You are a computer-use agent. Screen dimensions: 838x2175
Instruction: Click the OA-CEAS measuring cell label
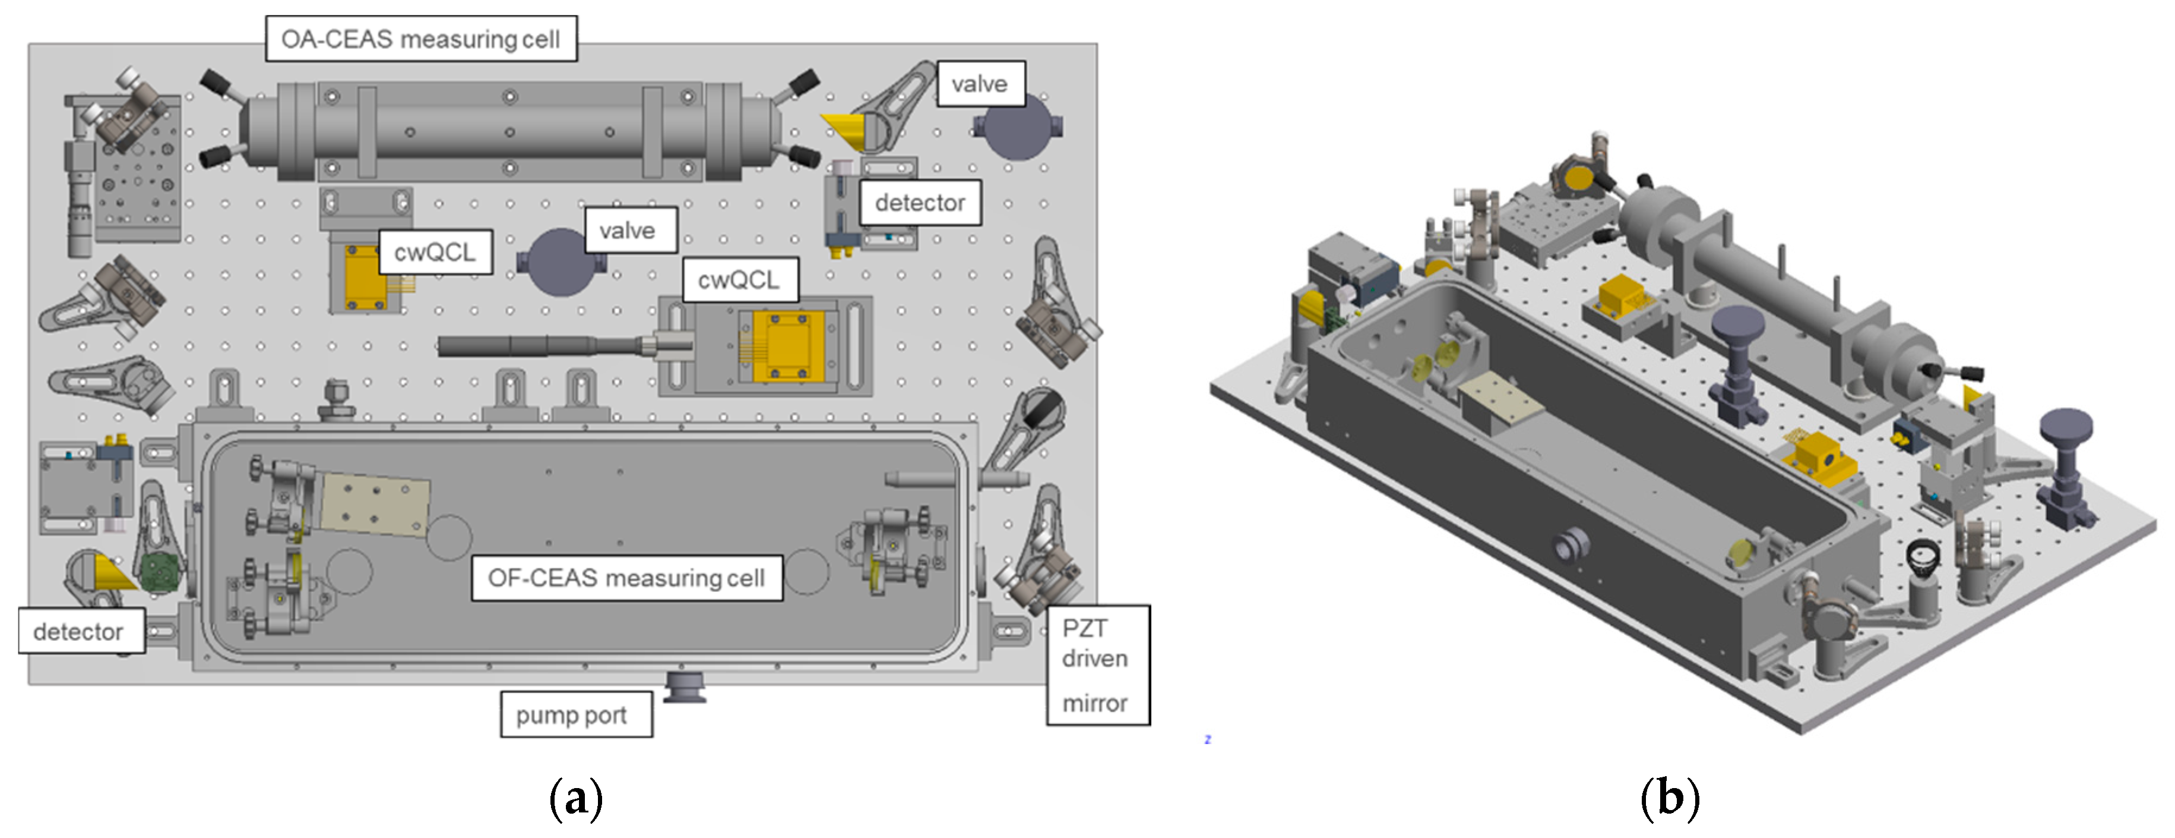pyautogui.click(x=420, y=39)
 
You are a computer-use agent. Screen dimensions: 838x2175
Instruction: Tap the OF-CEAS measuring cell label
pyautogui.click(x=626, y=578)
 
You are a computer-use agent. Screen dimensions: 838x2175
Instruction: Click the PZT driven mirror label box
pyautogui.click(x=1097, y=665)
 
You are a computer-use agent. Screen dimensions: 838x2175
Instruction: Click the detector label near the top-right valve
pyautogui.click(x=920, y=203)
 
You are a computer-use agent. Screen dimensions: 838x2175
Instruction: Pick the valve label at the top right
pyautogui.click(x=979, y=84)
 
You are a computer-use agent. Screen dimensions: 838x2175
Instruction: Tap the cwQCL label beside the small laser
pyautogui.click(x=435, y=252)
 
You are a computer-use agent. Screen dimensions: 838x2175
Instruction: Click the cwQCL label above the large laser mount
pyautogui.click(x=739, y=279)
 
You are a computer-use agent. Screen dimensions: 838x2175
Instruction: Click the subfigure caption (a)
pyautogui.click(x=576, y=798)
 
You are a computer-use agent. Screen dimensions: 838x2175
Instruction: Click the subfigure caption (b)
pyautogui.click(x=1669, y=798)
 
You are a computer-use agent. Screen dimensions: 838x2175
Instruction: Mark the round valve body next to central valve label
pyautogui.click(x=560, y=263)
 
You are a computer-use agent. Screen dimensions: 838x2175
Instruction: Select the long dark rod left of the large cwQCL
pyautogui.click(x=540, y=345)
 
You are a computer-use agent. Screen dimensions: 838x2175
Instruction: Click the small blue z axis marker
pyautogui.click(x=1207, y=739)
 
